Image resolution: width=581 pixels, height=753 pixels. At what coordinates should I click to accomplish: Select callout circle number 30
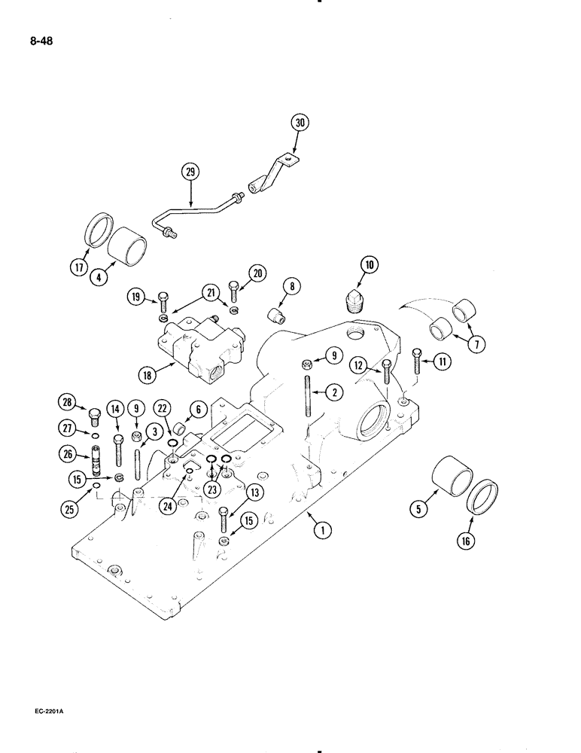coord(299,122)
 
